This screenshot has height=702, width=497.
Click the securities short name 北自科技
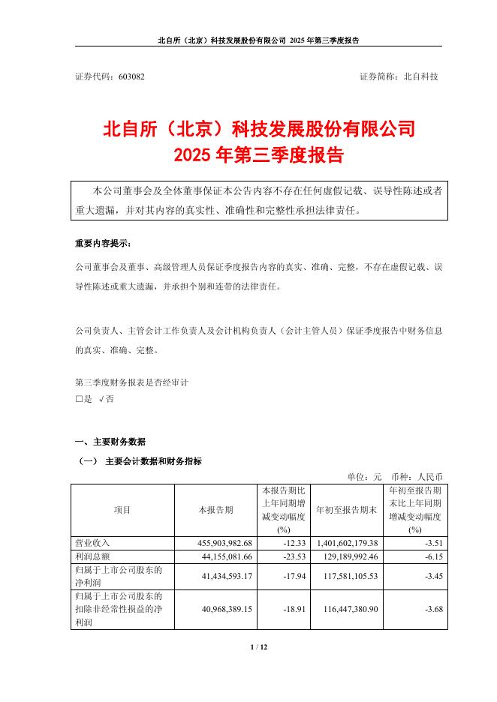(x=421, y=76)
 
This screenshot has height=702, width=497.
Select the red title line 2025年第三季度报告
(x=258, y=155)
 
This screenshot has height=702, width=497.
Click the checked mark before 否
(x=101, y=400)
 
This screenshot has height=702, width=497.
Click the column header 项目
(x=122, y=509)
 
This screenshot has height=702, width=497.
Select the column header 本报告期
(x=215, y=509)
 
